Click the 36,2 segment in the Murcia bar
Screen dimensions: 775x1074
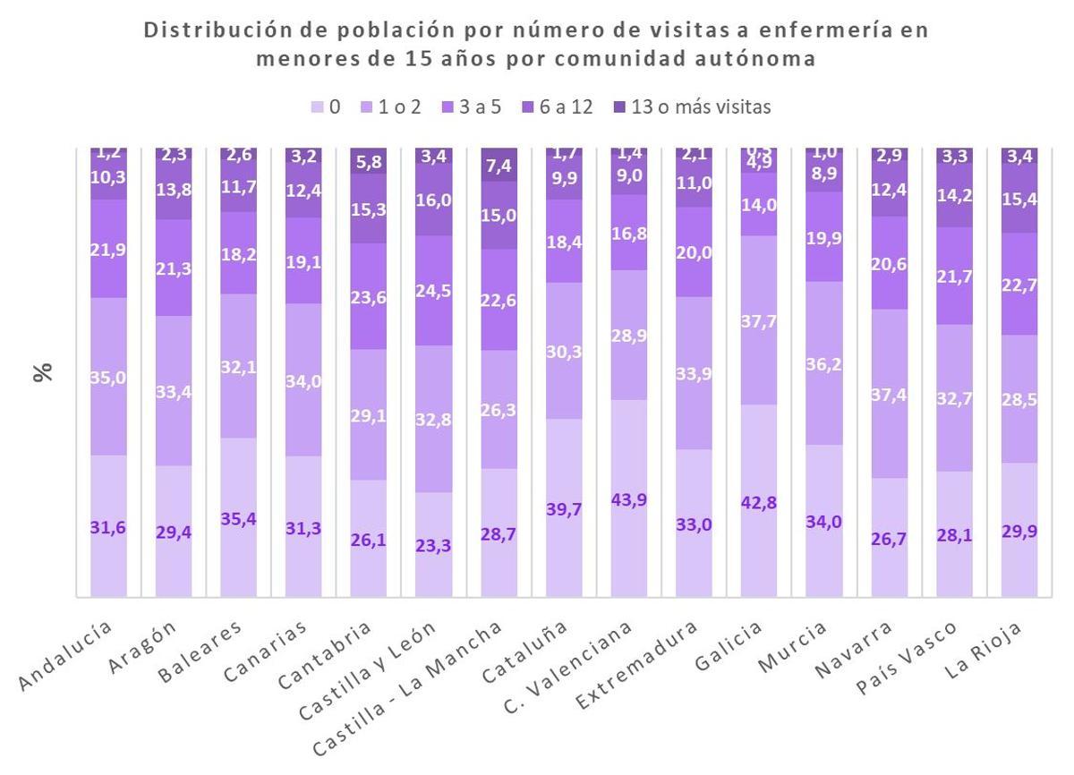click(823, 363)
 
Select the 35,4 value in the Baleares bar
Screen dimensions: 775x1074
click(238, 518)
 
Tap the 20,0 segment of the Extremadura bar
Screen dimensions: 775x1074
click(694, 252)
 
